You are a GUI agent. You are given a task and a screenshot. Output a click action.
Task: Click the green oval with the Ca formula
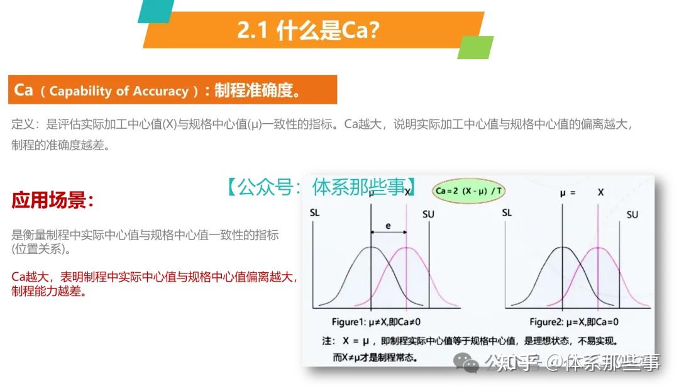click(x=468, y=190)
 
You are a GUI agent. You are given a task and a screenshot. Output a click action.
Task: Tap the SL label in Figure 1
click(x=315, y=212)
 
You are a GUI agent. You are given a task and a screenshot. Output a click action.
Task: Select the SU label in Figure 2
click(x=632, y=214)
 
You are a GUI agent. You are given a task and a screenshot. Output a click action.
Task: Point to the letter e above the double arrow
click(x=388, y=224)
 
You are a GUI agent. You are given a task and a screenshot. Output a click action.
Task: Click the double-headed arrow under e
click(x=389, y=233)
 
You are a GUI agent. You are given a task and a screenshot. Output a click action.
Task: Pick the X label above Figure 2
click(x=600, y=192)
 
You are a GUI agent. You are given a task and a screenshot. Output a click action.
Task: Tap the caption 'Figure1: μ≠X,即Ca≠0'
click(x=376, y=322)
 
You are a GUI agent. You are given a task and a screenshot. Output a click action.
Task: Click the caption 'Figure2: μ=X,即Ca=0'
click(x=573, y=322)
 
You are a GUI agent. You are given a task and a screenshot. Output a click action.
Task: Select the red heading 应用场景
click(x=53, y=201)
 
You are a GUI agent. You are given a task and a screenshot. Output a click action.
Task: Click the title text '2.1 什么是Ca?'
click(x=308, y=30)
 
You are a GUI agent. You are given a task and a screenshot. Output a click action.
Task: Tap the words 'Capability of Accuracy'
click(x=119, y=91)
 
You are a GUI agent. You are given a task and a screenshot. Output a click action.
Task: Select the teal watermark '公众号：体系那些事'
click(x=321, y=186)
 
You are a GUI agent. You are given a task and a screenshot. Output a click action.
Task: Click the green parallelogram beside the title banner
click(x=475, y=47)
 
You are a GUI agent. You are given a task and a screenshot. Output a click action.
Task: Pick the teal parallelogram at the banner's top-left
click(x=155, y=11)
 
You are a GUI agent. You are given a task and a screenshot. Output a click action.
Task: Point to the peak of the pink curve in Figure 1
click(x=407, y=248)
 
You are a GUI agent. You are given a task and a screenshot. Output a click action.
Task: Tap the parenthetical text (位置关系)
click(x=41, y=249)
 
